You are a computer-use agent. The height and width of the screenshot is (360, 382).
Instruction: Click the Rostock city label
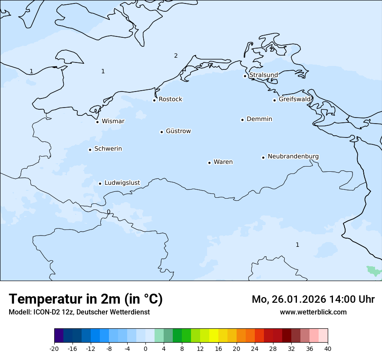pos(170,99)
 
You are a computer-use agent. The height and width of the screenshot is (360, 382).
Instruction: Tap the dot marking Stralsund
pos(245,76)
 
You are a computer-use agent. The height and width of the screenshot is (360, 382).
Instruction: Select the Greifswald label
pos(295,99)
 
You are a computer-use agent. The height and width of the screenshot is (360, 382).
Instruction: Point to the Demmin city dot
pos(242,120)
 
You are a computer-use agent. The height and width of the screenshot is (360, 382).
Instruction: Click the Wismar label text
pos(113,121)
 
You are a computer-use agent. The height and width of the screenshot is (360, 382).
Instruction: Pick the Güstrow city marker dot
pos(161,132)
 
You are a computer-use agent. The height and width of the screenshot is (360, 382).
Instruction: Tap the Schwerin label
pos(108,149)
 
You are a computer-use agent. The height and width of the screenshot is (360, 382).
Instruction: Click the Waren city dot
pos(209,163)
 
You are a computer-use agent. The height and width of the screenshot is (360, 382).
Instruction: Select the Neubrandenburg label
pos(293,156)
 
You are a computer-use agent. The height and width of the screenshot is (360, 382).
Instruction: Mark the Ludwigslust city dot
pos(100,183)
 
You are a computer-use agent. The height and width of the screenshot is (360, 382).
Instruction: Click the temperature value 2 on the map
pos(176,56)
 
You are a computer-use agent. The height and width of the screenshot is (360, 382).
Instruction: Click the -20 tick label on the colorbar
pos(54,348)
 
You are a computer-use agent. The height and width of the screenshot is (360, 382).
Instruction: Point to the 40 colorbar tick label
pos(328,348)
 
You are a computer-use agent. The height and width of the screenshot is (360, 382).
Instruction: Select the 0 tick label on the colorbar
pos(145,348)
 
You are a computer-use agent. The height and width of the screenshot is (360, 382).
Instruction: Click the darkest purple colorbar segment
pos(59,336)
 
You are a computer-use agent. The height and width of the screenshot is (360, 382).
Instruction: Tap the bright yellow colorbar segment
pos(214,336)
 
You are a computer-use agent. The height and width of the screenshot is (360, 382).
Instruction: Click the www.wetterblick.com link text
pos(313,312)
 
